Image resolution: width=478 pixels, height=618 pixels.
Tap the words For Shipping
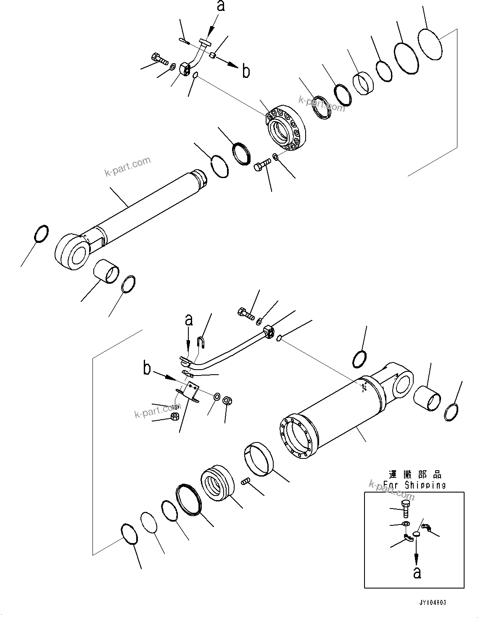point(414,485)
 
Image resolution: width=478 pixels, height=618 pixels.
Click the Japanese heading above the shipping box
point(415,475)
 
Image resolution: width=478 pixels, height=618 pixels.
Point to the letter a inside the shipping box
point(417,573)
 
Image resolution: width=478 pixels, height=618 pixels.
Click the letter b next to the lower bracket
point(147,369)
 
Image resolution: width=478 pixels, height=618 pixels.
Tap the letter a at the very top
point(220,6)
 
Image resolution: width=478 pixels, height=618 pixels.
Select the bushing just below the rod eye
point(106,272)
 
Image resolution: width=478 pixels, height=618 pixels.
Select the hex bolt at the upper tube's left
point(158,59)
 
